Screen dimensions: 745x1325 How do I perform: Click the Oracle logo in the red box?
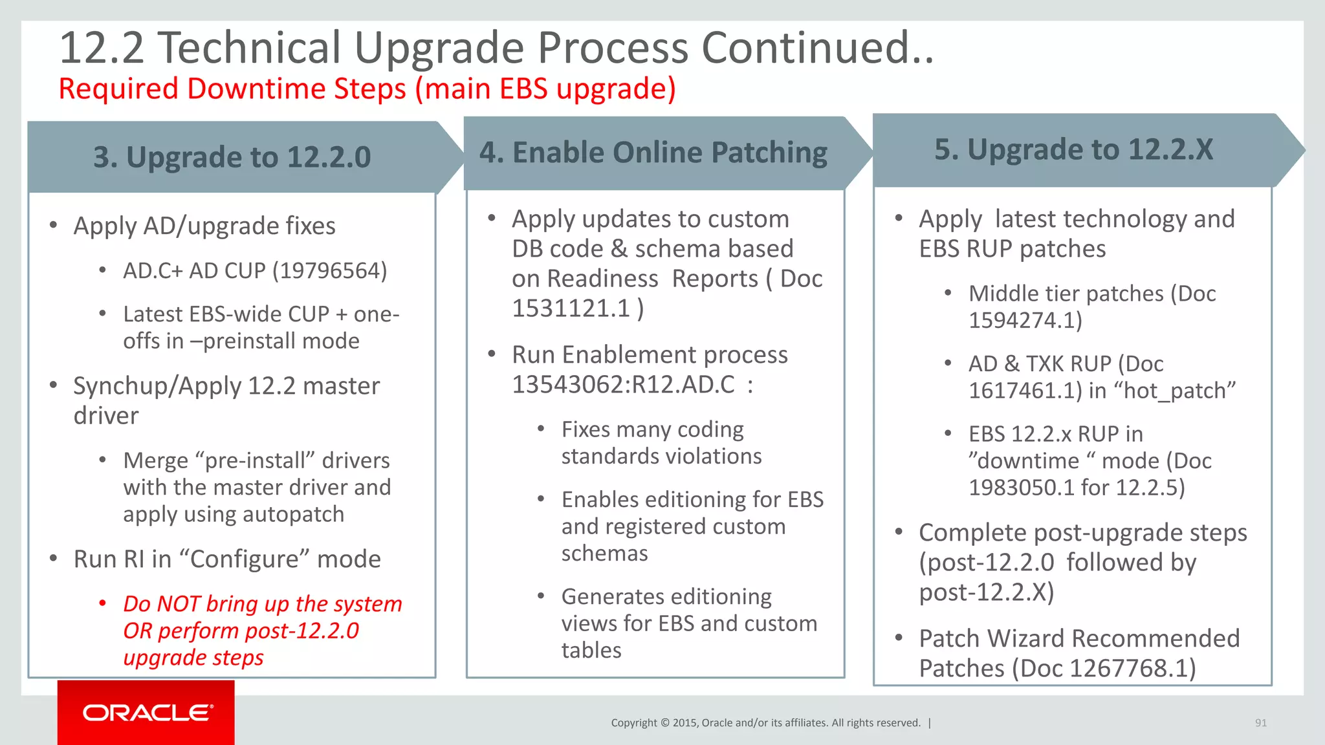[x=148, y=713]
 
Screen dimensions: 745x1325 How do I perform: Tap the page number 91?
[x=1260, y=723]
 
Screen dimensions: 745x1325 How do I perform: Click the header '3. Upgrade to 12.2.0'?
[x=232, y=157]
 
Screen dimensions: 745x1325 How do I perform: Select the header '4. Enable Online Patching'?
[x=653, y=153]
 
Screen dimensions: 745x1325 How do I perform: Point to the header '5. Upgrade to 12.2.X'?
[x=1073, y=149]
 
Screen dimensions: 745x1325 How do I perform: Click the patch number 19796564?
[x=329, y=271]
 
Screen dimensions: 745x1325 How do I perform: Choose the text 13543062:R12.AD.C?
[x=623, y=385]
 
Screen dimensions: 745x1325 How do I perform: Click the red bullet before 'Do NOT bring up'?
[x=102, y=603]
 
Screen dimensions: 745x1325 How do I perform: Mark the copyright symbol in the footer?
[x=664, y=723]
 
